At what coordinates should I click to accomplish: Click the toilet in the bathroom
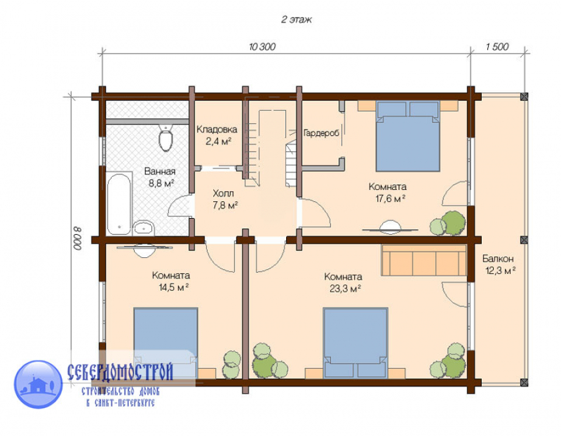click(x=165, y=138)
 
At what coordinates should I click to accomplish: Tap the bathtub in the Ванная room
click(x=119, y=204)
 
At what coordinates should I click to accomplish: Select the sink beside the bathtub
click(x=143, y=227)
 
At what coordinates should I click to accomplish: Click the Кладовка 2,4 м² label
click(x=217, y=135)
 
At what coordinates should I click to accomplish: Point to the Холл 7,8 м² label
click(x=224, y=199)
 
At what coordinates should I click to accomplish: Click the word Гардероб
click(x=321, y=133)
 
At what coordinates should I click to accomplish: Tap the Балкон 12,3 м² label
click(x=499, y=264)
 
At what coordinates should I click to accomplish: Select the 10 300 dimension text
click(x=262, y=47)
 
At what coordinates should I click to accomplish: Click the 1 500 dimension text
click(x=497, y=47)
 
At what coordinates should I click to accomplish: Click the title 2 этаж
click(x=296, y=19)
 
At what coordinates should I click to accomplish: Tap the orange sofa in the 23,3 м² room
click(x=424, y=260)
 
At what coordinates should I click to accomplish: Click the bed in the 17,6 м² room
click(x=408, y=136)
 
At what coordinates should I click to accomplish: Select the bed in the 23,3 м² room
click(x=355, y=343)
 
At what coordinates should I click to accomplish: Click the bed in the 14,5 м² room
click(x=166, y=343)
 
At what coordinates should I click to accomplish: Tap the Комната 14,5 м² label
click(x=171, y=282)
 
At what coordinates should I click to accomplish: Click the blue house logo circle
click(x=38, y=384)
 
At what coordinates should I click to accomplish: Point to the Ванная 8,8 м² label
click(x=160, y=178)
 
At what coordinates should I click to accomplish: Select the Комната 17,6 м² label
click(x=388, y=192)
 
